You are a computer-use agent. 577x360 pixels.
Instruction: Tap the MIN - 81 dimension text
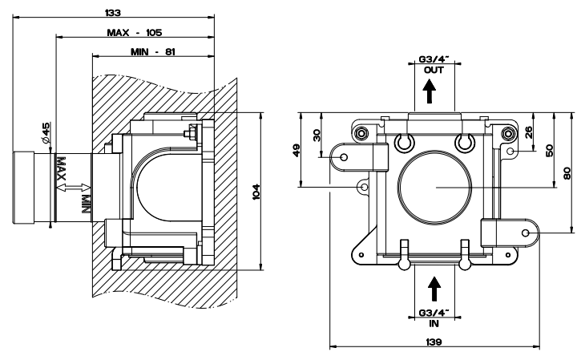(x=152, y=52)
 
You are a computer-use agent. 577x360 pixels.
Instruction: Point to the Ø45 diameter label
(x=47, y=133)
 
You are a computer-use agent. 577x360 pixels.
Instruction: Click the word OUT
(x=434, y=71)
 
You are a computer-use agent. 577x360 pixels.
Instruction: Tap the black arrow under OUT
(x=434, y=94)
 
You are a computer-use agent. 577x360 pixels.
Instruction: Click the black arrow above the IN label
(x=434, y=287)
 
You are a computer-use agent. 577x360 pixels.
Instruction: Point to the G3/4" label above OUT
(x=434, y=59)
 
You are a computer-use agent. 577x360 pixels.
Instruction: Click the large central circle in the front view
(x=434, y=186)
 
